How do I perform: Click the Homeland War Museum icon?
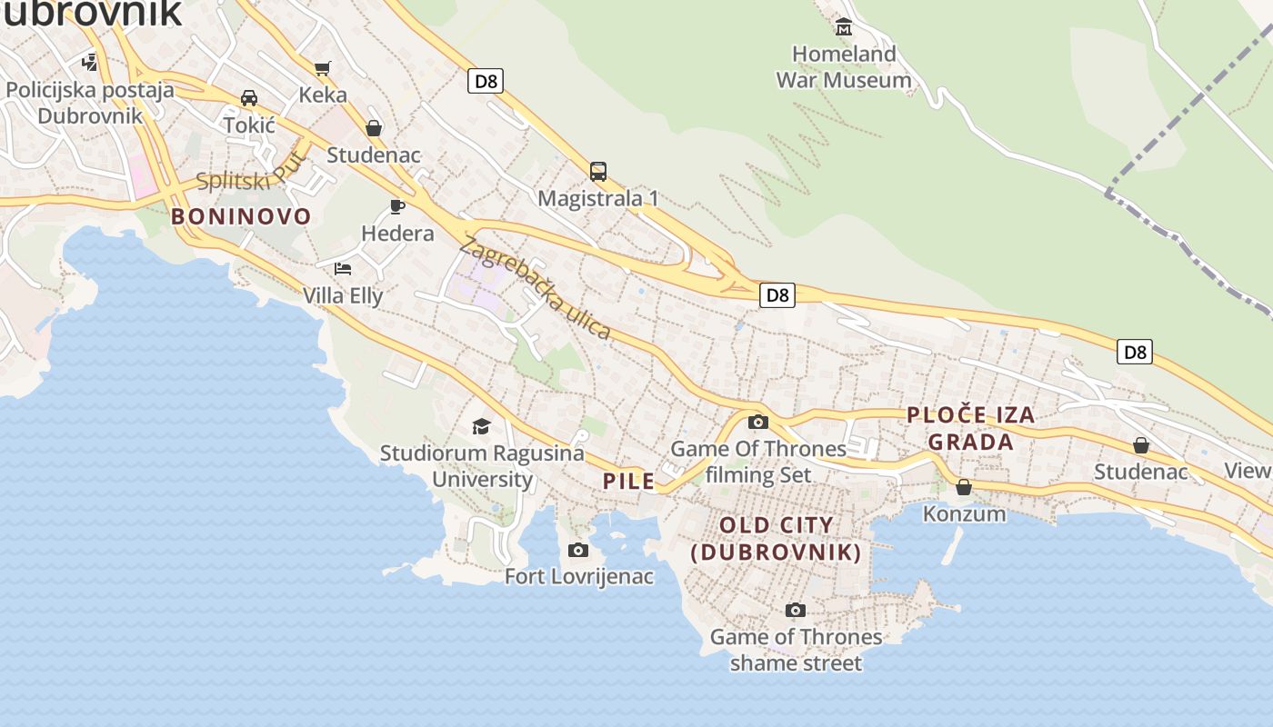click(844, 26)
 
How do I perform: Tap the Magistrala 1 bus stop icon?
click(598, 171)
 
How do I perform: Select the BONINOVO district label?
click(241, 216)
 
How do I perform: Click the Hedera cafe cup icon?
click(397, 206)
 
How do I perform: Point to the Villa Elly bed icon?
click(343, 268)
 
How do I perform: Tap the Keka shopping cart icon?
click(322, 68)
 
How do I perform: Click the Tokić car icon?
click(249, 98)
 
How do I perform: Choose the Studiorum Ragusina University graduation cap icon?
click(481, 426)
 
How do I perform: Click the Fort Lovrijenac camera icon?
click(578, 550)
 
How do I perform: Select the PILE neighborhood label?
click(629, 481)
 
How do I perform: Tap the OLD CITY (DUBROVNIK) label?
click(776, 538)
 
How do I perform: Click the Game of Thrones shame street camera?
click(796, 610)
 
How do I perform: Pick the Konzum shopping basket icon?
click(964, 488)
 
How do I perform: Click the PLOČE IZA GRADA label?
click(971, 428)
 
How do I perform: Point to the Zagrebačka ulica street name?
click(536, 288)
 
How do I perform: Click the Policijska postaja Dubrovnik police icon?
click(89, 63)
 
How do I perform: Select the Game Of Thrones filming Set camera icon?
click(757, 422)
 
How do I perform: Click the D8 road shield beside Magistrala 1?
click(486, 81)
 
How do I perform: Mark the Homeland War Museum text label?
click(844, 67)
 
